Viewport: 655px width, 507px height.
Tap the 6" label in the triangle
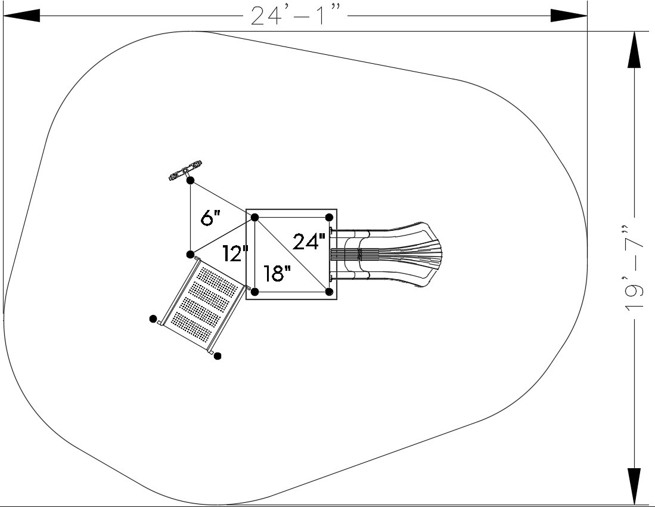pos(210,218)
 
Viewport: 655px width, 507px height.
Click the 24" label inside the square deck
pos(309,241)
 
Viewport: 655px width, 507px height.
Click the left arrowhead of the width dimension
pos(21,16)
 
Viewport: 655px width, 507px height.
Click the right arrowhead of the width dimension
pos(569,16)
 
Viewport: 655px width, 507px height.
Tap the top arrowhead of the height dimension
pos(634,50)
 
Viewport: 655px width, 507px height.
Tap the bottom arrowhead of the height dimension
pos(634,486)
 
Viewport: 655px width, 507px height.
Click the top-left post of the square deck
pos(255,217)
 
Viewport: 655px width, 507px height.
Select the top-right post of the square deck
pos(329,217)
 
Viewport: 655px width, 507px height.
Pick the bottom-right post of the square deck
pos(329,291)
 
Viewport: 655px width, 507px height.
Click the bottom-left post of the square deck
pos(255,291)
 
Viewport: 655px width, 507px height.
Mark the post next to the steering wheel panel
pos(190,181)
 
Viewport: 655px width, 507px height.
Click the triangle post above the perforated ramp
pos(190,254)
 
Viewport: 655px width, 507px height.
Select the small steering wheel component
pos(185,171)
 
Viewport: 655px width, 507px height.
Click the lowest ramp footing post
pos(217,355)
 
